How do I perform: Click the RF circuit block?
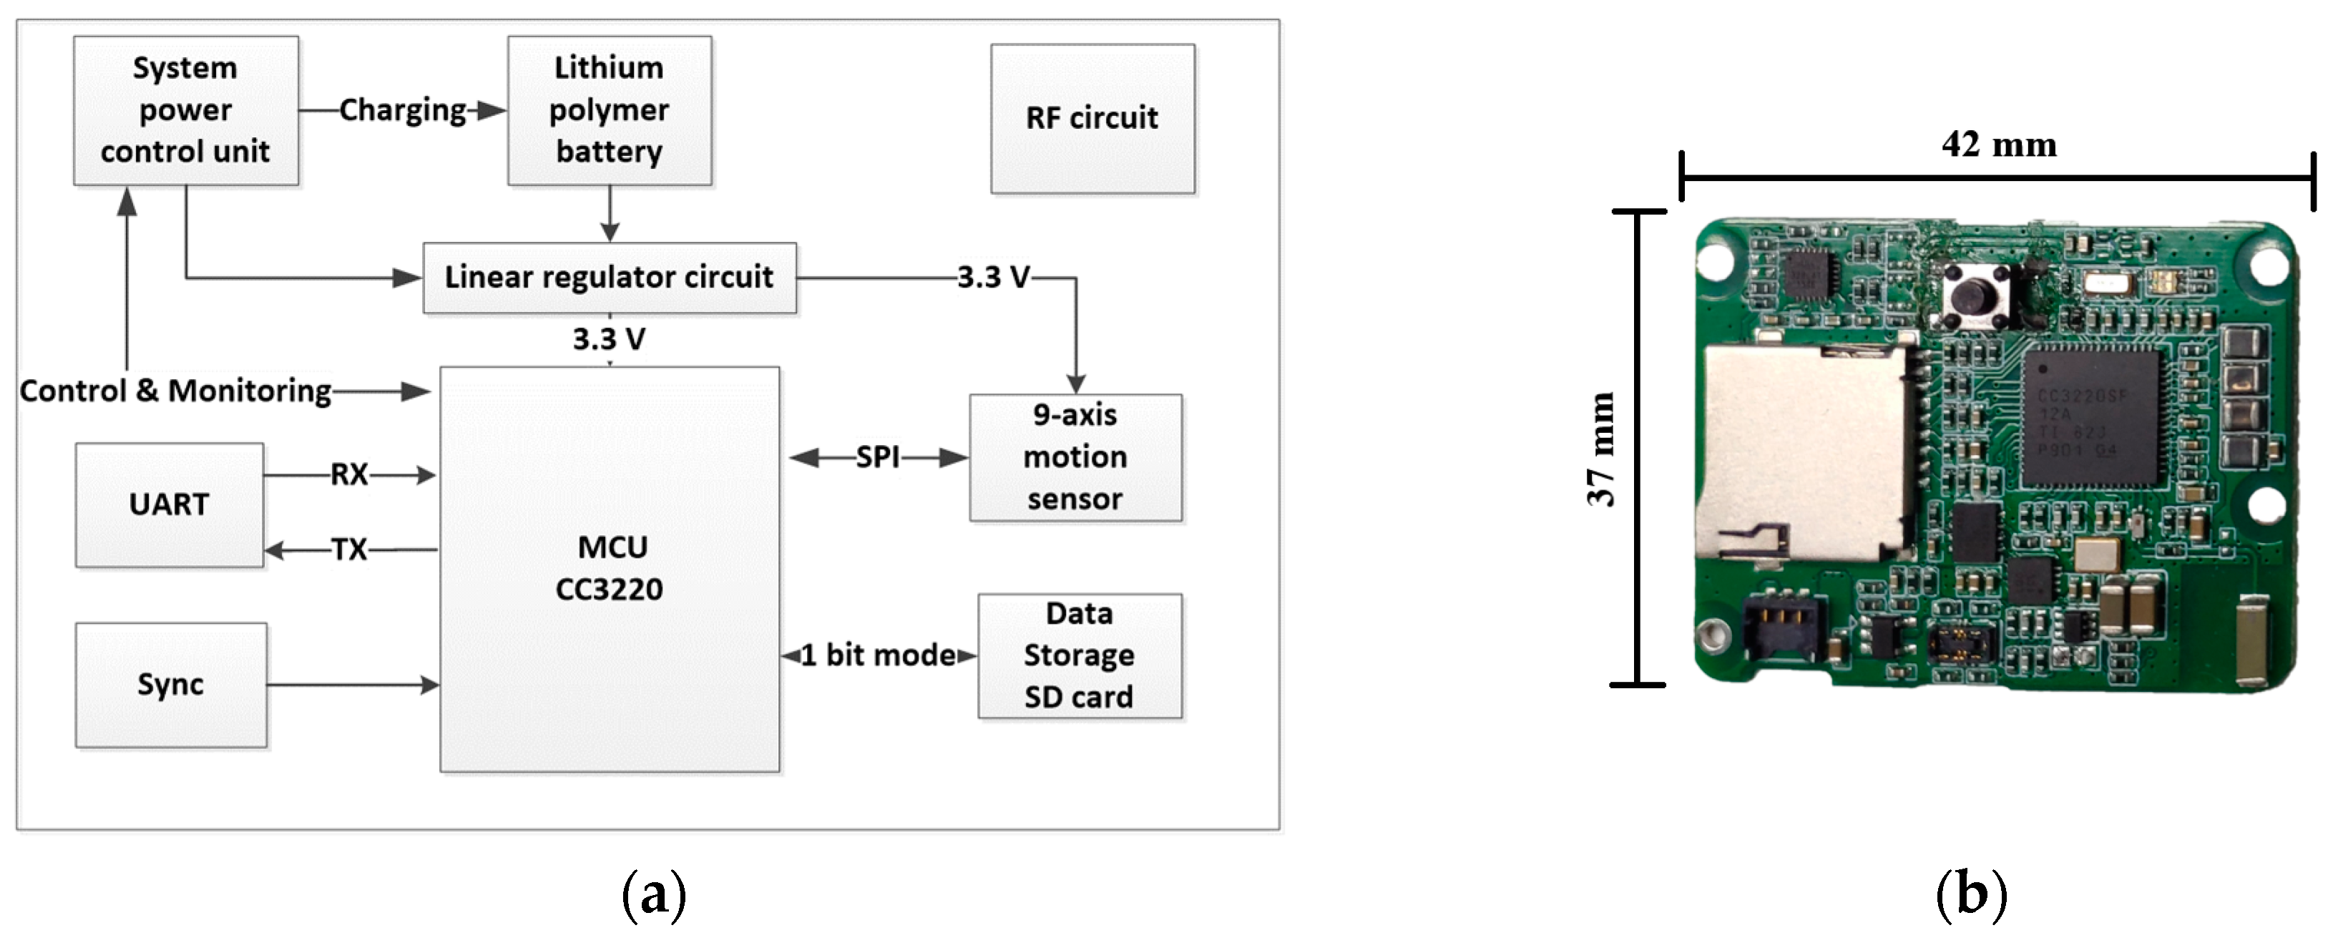coord(1092,119)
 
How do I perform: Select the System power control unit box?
coord(186,110)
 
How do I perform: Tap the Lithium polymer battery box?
coord(610,110)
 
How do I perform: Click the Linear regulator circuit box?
coord(610,277)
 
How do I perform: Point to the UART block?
coord(170,504)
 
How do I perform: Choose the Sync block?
coord(170,684)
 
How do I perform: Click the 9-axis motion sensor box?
coord(1075,457)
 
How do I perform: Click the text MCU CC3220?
coord(610,568)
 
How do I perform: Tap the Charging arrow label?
coord(403,110)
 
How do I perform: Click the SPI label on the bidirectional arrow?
coord(878,457)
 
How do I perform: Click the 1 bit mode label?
coord(878,655)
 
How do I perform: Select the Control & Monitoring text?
coord(176,391)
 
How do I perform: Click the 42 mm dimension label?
coord(1999,145)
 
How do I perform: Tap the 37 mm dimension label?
coord(1601,449)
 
